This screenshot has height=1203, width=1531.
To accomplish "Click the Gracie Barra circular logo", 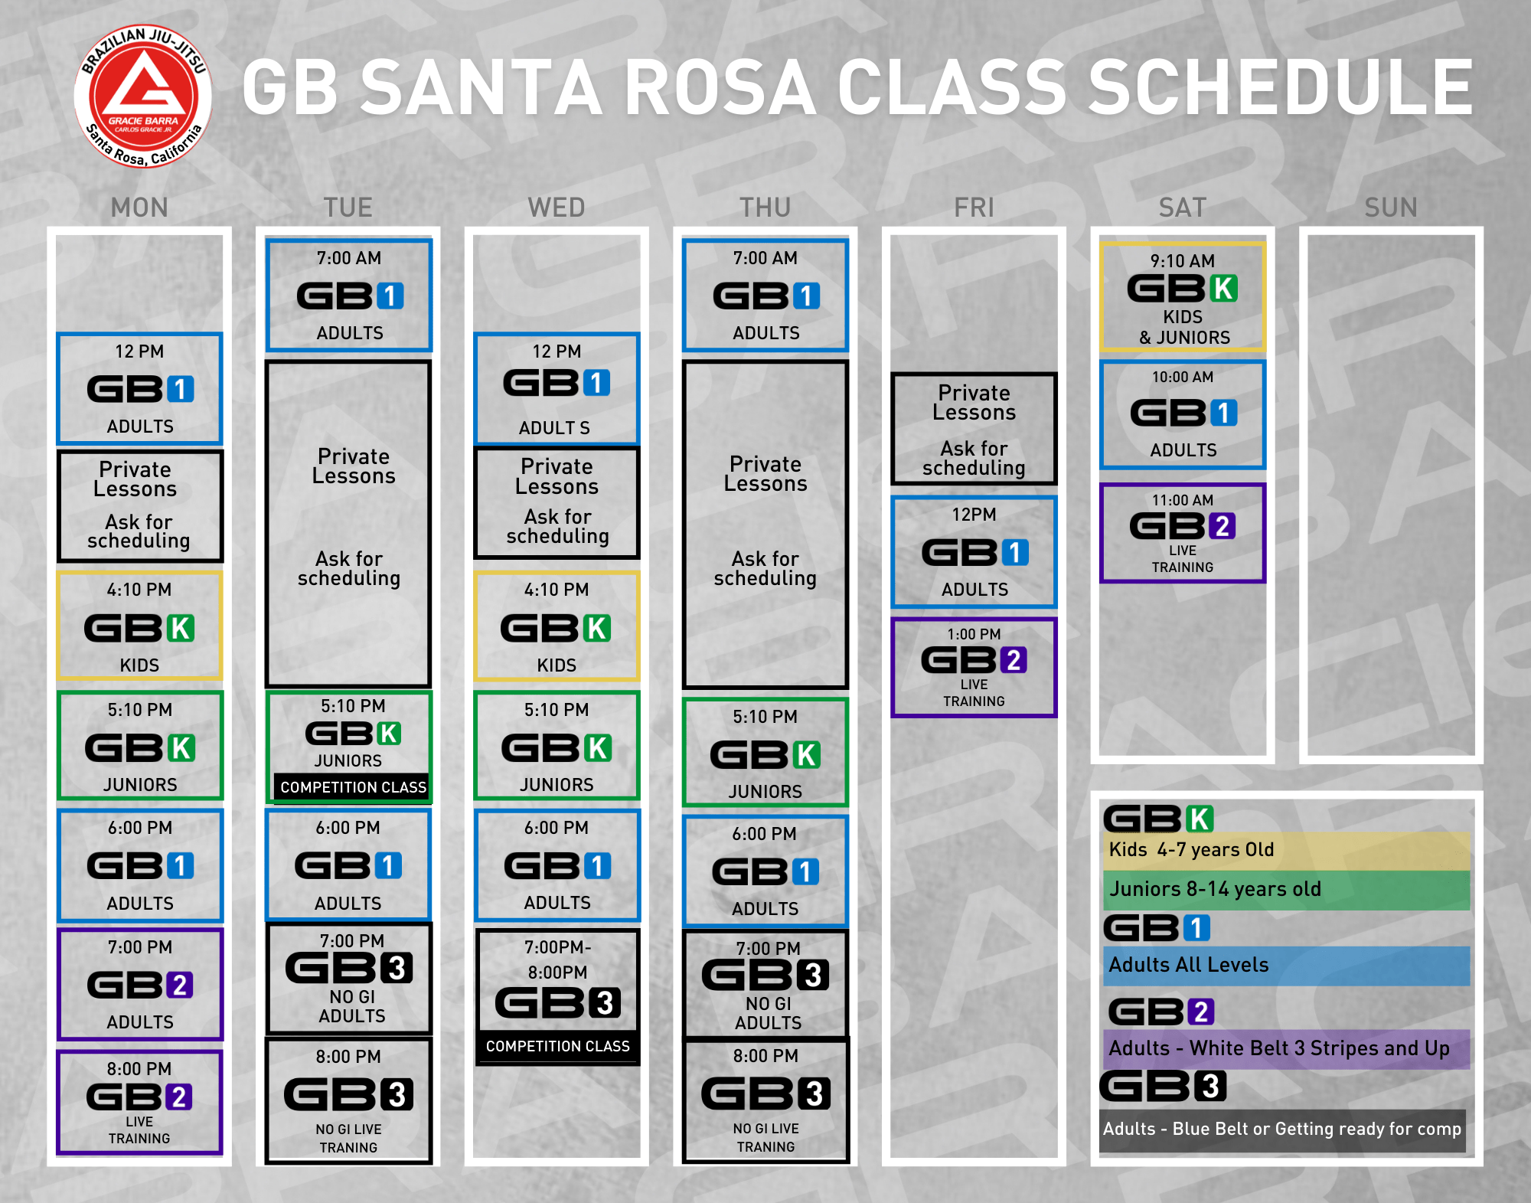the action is point(143,96).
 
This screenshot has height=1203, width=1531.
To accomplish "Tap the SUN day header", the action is point(1391,208).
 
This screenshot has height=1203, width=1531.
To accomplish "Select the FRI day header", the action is point(974,208).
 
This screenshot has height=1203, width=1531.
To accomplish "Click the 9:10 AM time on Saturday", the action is point(1183,261).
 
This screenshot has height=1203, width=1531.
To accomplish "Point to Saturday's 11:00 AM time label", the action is point(1183,500).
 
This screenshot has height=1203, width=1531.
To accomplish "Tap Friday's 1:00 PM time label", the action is point(974,634).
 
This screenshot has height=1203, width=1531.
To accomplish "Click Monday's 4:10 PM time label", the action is point(139,590).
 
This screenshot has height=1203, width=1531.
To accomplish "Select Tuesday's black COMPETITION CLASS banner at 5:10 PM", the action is point(353,787).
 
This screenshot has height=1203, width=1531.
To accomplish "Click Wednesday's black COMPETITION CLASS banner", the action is point(558,1046).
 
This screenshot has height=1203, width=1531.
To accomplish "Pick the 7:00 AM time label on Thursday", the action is point(765,258).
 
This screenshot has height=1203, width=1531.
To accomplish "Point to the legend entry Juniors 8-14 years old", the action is point(1216,889).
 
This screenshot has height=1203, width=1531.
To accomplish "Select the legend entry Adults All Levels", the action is point(1189,965).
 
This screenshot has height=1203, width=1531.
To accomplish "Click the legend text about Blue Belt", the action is point(1282,1129).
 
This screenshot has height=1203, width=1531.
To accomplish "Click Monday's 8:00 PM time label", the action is point(139,1069).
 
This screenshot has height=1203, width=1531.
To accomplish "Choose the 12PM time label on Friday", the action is point(974,515).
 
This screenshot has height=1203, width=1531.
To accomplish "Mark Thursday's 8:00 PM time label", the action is point(765,1056).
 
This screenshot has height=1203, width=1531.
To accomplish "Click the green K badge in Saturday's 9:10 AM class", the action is point(1223,289).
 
